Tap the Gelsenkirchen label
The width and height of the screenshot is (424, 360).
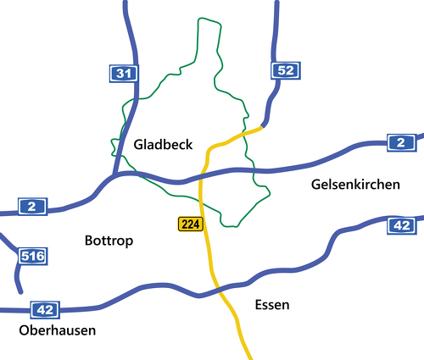pos(354,184)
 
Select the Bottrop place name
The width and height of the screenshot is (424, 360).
pos(109,241)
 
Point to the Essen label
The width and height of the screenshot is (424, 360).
pos(271,305)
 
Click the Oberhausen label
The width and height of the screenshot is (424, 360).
pos(57,330)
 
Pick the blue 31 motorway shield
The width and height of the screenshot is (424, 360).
pos(124,75)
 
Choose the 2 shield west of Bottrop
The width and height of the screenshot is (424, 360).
pos(31,207)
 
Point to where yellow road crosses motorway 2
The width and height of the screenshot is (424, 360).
pos(202,177)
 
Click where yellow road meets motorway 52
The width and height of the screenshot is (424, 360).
pos(261,129)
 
